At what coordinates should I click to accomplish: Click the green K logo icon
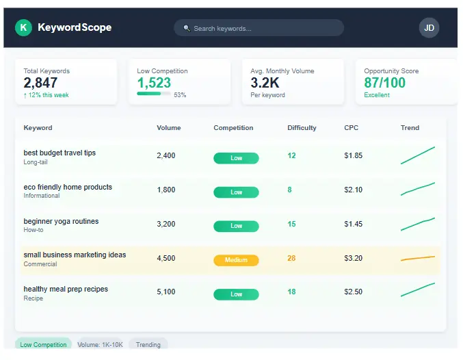[x=24, y=27]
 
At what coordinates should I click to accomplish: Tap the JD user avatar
[x=429, y=27]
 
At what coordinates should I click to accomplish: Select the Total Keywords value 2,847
[x=40, y=83]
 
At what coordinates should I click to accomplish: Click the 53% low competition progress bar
[x=154, y=94]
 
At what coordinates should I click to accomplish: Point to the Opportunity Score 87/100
[x=384, y=83]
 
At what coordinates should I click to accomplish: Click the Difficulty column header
[x=302, y=128]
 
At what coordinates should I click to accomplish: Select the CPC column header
[x=351, y=128]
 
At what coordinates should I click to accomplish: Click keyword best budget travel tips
[x=59, y=153]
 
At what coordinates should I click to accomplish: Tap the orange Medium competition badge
[x=236, y=260]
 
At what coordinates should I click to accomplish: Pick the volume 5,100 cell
[x=166, y=292]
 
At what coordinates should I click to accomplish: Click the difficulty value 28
[x=291, y=258]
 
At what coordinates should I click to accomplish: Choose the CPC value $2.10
[x=354, y=190]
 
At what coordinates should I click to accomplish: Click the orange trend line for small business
[x=417, y=259]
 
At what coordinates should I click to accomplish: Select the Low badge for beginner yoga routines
[x=236, y=226]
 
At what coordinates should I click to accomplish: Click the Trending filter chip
[x=148, y=345]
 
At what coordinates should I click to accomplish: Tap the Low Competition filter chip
[x=43, y=345]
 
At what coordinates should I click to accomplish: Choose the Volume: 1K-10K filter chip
[x=99, y=345]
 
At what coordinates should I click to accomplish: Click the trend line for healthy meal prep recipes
[x=417, y=290]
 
